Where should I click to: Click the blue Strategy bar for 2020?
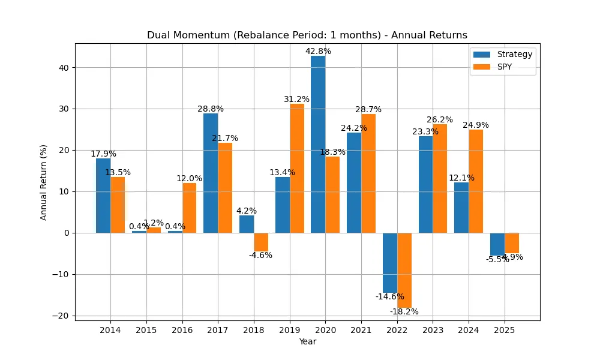click(318, 144)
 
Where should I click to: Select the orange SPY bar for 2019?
click(297, 168)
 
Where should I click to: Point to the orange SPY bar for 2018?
click(261, 242)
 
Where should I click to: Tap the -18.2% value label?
click(404, 311)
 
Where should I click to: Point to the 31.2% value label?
click(297, 100)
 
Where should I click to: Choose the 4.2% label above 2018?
click(247, 211)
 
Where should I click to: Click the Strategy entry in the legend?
click(503, 54)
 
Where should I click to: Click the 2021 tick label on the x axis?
click(361, 330)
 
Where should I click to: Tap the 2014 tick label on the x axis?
click(110, 330)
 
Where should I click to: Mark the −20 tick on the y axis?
click(62, 316)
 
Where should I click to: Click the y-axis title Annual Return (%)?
click(44, 182)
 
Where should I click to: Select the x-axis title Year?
click(308, 342)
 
